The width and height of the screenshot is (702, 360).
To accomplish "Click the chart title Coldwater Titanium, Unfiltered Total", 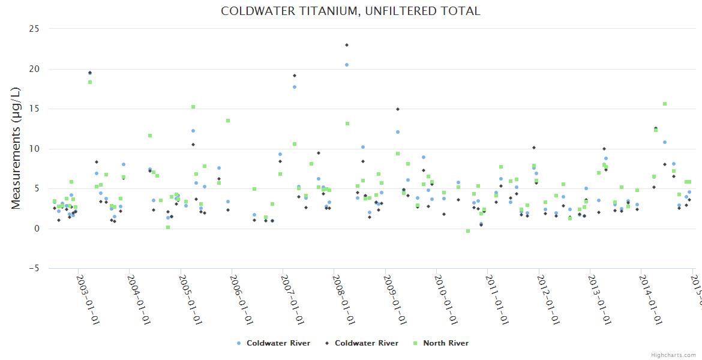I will point(350,11).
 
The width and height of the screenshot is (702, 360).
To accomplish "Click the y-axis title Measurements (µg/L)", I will point(16,148).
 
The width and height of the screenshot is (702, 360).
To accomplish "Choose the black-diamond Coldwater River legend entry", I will point(361,343).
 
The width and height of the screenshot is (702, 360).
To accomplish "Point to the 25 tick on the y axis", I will point(34,29).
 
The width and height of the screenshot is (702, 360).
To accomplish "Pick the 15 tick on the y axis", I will point(34,109).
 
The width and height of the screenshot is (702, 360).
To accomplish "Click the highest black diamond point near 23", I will point(347,45).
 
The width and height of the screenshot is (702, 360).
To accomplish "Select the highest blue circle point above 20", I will point(346,65).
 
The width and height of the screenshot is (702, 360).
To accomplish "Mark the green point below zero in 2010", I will point(468,231).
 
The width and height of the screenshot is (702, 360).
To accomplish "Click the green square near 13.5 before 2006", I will point(228,121).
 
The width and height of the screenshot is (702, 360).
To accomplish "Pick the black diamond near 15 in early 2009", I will point(398,109).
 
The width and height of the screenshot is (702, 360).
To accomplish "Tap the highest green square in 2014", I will point(665,104).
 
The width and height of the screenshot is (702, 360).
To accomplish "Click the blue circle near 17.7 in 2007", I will point(295,87).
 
